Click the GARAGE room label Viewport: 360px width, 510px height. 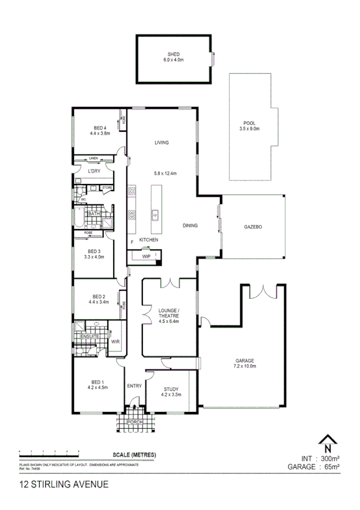[x=245, y=361]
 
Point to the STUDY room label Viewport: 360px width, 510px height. [x=172, y=389]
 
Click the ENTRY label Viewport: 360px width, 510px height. [x=133, y=386]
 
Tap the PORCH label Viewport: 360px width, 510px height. [x=136, y=423]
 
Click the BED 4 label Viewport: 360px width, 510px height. [x=99, y=127]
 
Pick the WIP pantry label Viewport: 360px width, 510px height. [x=146, y=256]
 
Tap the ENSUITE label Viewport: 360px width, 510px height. [x=90, y=336]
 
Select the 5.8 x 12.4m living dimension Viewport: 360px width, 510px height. [x=165, y=173]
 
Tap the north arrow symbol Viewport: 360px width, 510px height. [x=327, y=444]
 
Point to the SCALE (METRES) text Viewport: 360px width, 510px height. [x=134, y=455]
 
